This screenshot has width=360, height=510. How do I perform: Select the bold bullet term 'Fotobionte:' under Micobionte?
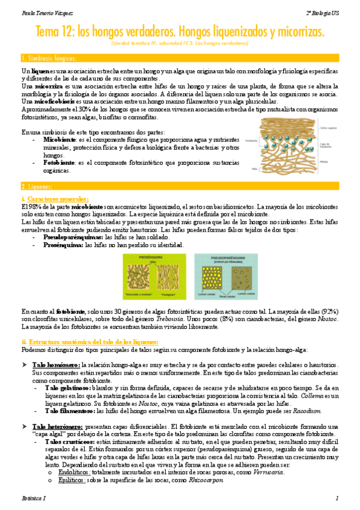coord(59,162)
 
